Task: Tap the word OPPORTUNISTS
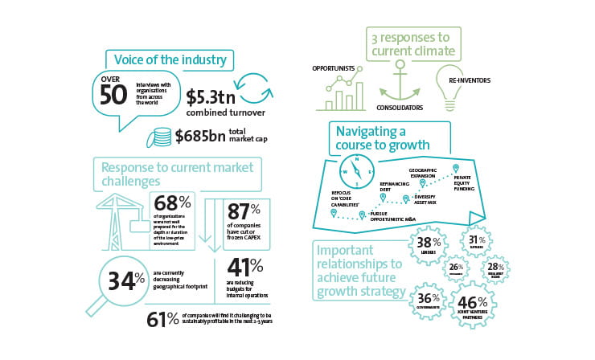(334, 69)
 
